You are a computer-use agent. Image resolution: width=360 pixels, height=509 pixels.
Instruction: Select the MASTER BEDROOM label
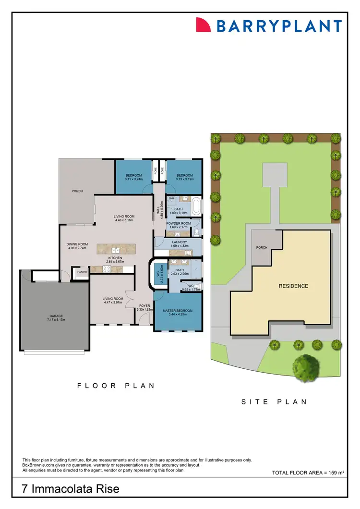(x=178, y=311)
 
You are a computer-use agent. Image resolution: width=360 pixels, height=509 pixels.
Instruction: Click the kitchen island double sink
(x=116, y=250)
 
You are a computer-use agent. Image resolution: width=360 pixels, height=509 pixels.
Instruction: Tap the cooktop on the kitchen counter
(x=106, y=269)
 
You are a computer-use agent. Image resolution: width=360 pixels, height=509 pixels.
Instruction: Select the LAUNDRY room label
(x=178, y=242)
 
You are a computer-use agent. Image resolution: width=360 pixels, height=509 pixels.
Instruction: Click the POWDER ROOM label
(x=179, y=224)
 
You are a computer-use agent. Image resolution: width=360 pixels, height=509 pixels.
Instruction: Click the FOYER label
(x=144, y=305)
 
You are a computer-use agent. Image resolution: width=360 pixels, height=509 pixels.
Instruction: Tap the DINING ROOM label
(x=77, y=244)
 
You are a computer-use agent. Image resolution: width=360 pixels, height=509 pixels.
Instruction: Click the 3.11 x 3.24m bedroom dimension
(x=134, y=179)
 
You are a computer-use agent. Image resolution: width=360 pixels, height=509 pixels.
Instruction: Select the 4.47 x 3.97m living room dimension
(x=113, y=302)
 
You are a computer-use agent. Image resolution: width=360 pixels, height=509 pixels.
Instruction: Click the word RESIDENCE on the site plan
(x=293, y=286)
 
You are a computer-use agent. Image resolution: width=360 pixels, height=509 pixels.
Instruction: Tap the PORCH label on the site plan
(x=262, y=248)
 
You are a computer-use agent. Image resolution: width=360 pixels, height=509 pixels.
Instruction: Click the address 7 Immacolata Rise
(x=71, y=489)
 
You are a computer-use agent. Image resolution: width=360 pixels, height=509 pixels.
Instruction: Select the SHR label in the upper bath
(x=171, y=198)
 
